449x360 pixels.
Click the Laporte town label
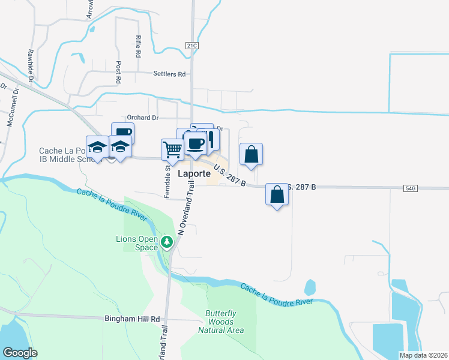point(194,174)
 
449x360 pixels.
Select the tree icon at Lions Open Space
point(168,242)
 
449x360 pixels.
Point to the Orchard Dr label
point(142,118)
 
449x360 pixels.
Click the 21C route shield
point(191,45)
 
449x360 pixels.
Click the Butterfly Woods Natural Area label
point(224,322)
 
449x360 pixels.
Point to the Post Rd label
point(119,72)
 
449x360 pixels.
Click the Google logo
point(20,353)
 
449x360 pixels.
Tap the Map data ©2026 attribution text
point(423,355)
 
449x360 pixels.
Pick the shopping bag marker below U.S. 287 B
point(277,194)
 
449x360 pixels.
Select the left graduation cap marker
point(97,146)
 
